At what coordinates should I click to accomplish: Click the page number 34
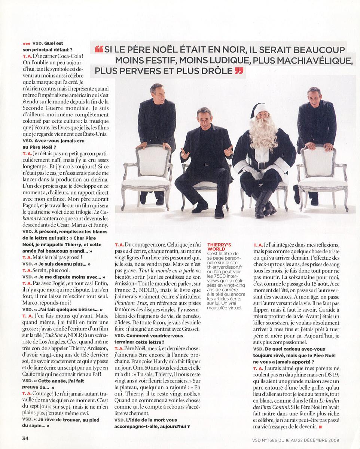point(25,439)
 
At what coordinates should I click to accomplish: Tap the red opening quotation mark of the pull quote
point(99,49)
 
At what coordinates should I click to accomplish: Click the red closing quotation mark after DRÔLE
point(239,70)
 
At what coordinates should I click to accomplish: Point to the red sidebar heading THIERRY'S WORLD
point(219,247)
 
